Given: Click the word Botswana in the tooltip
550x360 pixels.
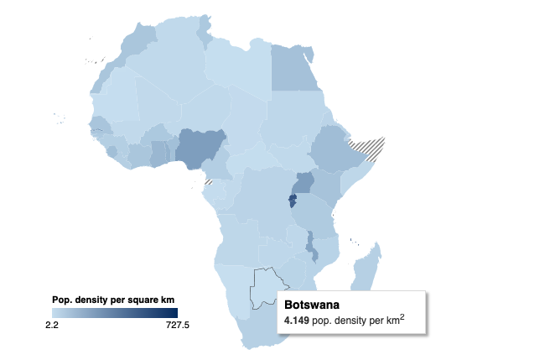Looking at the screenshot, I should pyautogui.click(x=312, y=305).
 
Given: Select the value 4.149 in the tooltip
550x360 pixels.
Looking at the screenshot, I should pyautogui.click(x=296, y=321).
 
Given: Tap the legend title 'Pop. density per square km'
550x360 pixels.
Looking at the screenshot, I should pyautogui.click(x=111, y=300).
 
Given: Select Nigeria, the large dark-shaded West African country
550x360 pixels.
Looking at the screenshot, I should pyautogui.click(x=201, y=149).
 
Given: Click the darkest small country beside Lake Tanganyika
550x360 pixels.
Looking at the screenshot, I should pyautogui.click(x=292, y=201).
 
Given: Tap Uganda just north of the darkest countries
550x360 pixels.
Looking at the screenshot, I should pyautogui.click(x=303, y=182).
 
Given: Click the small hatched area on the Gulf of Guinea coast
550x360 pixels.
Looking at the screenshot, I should pyautogui.click(x=208, y=181).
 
